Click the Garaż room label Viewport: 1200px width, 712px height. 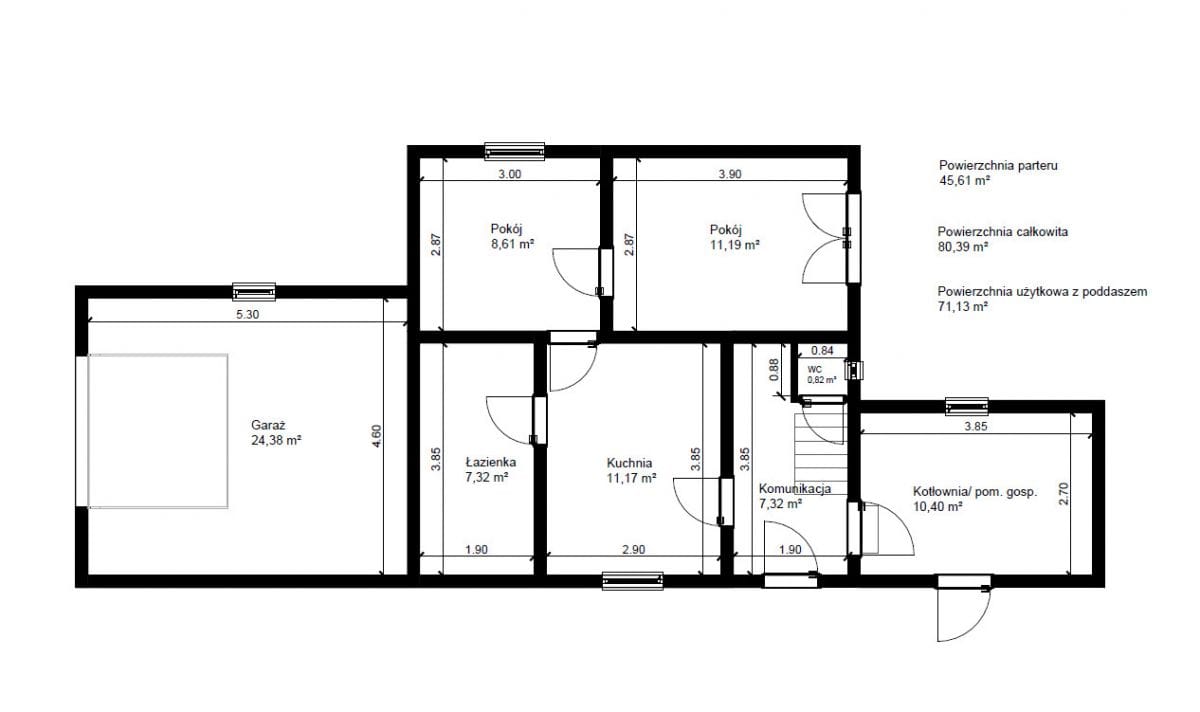point(268,425)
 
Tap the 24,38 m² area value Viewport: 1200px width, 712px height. point(276,440)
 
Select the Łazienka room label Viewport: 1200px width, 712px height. point(491,462)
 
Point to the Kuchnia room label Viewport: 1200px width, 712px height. point(629,463)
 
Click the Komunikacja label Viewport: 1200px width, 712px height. point(795,489)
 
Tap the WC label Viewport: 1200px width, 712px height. point(814,370)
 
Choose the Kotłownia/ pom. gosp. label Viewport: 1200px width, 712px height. point(975,492)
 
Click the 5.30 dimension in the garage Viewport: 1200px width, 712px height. point(248,314)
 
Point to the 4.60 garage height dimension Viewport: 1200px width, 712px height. point(376,436)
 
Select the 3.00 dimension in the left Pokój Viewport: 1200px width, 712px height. point(509,174)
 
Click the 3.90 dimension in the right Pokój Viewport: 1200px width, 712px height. point(730,174)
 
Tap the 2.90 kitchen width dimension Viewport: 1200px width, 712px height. point(633,549)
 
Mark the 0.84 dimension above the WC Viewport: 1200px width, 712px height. point(822,350)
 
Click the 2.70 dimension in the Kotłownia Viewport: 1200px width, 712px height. point(1063,493)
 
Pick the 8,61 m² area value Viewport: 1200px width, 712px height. point(513,244)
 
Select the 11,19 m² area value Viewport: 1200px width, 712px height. point(734,245)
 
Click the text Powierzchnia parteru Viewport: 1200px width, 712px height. point(999,166)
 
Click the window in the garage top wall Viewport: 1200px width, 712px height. point(254,292)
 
